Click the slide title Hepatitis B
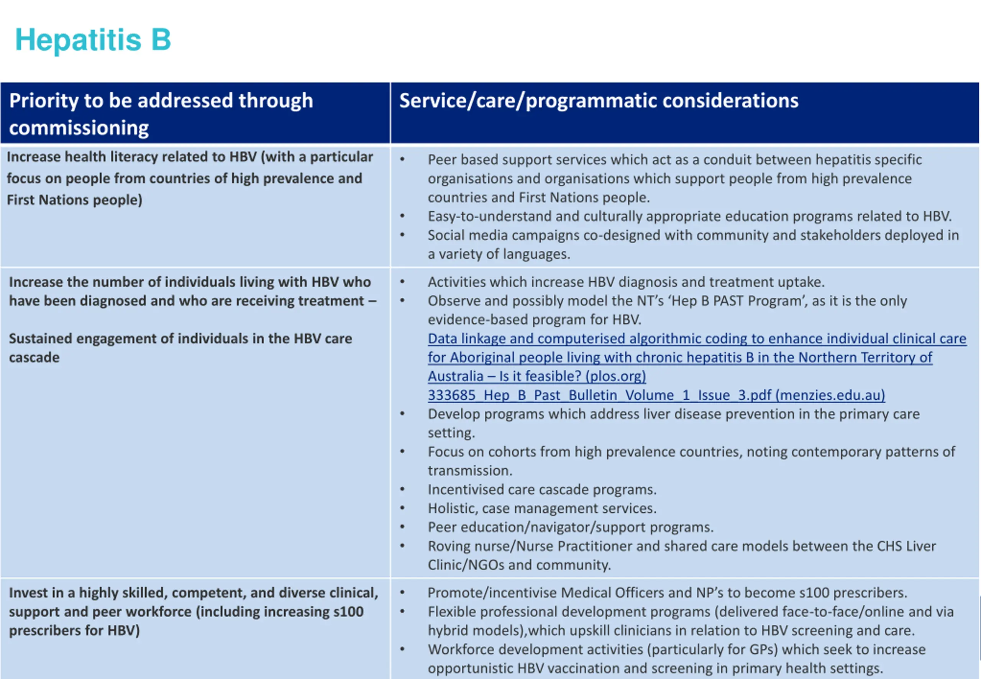(x=93, y=40)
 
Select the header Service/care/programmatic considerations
(x=598, y=101)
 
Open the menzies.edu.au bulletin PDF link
(x=656, y=395)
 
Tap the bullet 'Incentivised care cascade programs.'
(x=542, y=490)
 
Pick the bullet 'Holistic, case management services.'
(x=542, y=508)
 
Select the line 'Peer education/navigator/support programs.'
(x=570, y=528)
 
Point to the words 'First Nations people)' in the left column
(x=74, y=200)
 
